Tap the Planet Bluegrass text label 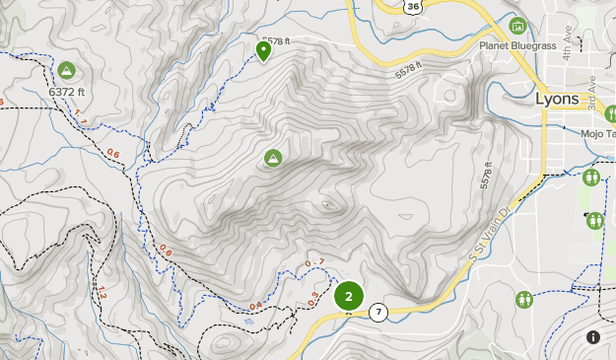pos(518,46)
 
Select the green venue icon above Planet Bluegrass pos(518,26)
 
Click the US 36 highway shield pos(412,6)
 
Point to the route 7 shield pos(379,314)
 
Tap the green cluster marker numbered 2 pos(349,295)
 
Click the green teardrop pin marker pos(263,49)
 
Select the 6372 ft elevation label pos(67,93)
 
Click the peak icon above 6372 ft pos(66,70)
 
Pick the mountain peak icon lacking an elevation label pos(273,158)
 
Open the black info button pos(593,337)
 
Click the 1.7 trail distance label pos(81,123)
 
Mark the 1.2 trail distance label pos(101,293)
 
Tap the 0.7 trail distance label pos(314,262)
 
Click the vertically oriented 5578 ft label pos(486,176)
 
